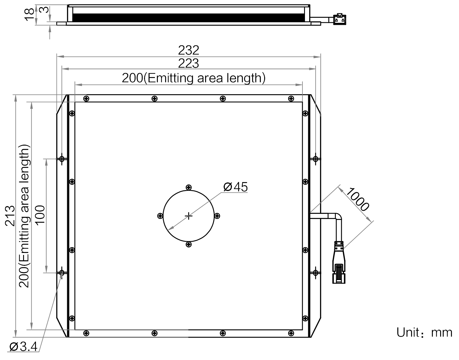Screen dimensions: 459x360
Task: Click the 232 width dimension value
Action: [x=188, y=50]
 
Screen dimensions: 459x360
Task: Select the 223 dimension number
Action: [x=188, y=63]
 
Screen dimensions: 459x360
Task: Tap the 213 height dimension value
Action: [x=10, y=216]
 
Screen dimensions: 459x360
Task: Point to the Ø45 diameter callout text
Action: [x=236, y=187]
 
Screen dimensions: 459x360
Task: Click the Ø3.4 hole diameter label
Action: [x=23, y=347]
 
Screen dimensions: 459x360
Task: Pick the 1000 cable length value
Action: [x=357, y=200]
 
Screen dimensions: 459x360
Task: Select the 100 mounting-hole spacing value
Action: [x=40, y=216]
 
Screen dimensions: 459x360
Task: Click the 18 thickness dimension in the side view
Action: [x=29, y=15]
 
